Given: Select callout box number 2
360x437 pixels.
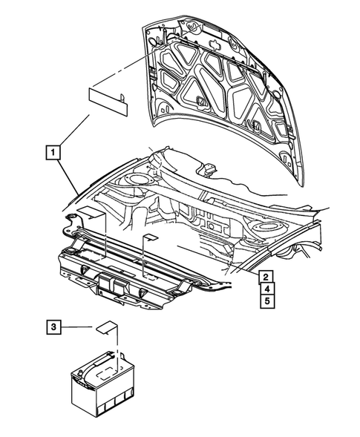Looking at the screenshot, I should coord(264,277).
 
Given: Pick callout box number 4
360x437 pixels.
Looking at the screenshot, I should coord(264,289).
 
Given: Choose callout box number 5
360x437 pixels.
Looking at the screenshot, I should coord(264,301).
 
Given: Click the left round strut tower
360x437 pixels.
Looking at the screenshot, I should coord(138,180).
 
